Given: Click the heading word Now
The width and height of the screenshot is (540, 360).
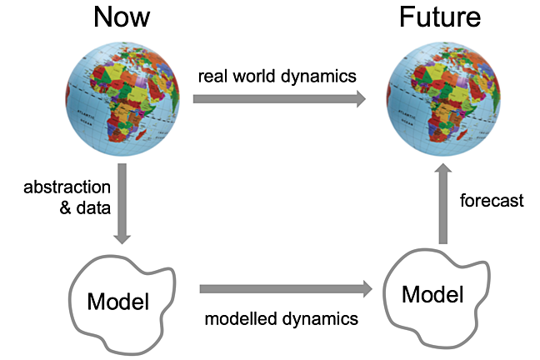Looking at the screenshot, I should pyautogui.click(x=122, y=17).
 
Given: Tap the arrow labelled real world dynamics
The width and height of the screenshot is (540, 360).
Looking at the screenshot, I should pyautogui.click(x=280, y=99).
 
